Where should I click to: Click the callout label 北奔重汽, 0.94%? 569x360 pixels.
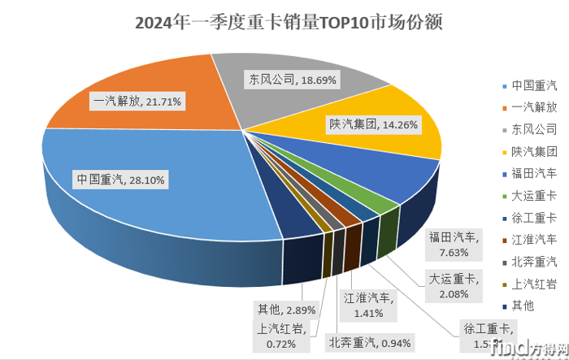pos(371,340)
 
